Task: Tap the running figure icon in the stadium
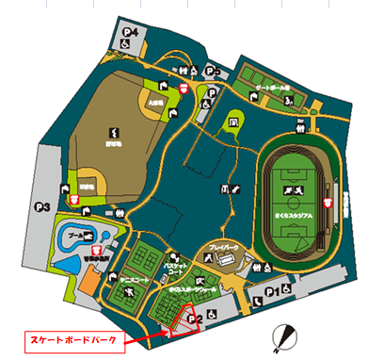coord(297,189)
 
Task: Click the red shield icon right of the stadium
coord(328,203)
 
